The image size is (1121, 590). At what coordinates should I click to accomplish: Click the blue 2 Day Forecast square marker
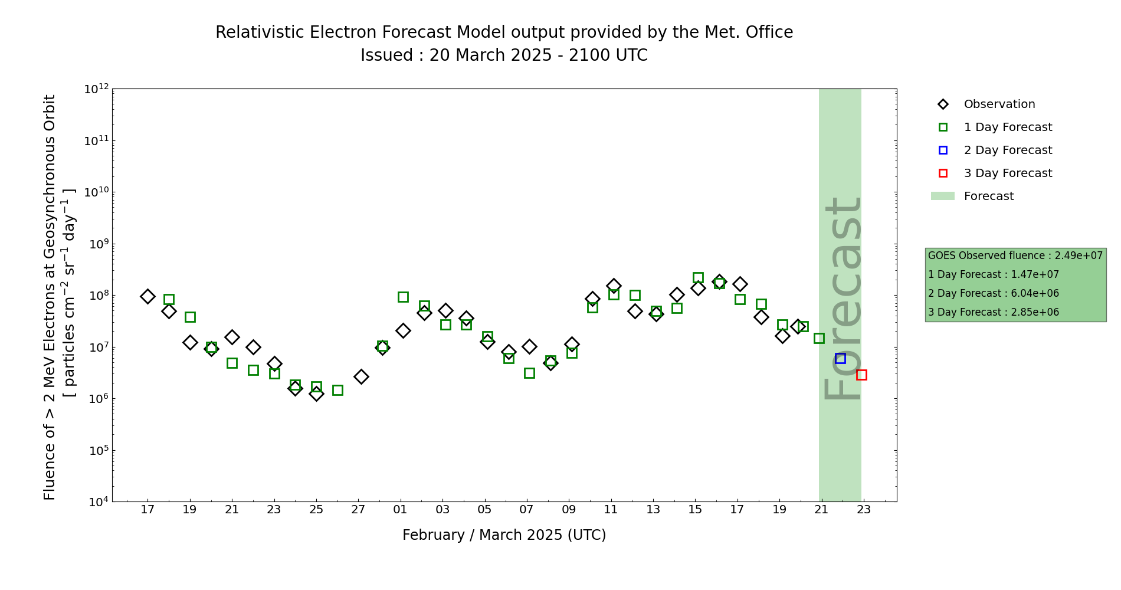coord(840,358)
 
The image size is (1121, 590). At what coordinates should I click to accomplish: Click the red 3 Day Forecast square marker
coord(861,375)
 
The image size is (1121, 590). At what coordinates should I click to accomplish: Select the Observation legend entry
coord(999,104)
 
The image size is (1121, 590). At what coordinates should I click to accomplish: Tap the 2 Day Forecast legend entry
coord(1007,150)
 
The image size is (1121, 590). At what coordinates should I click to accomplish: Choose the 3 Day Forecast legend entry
coord(1007,173)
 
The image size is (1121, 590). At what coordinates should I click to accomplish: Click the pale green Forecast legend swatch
coord(943,196)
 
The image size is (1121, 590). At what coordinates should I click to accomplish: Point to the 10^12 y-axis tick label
coord(97,89)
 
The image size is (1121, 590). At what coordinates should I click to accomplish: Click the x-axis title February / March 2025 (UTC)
coord(504,535)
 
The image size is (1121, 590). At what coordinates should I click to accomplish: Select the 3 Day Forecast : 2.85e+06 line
coord(994,312)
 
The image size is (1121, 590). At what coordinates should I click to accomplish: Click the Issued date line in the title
coord(504,55)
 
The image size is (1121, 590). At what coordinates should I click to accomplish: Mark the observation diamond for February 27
coord(361,376)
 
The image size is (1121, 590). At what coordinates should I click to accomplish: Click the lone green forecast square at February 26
coord(337,390)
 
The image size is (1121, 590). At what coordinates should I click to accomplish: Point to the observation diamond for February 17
coord(147,296)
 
